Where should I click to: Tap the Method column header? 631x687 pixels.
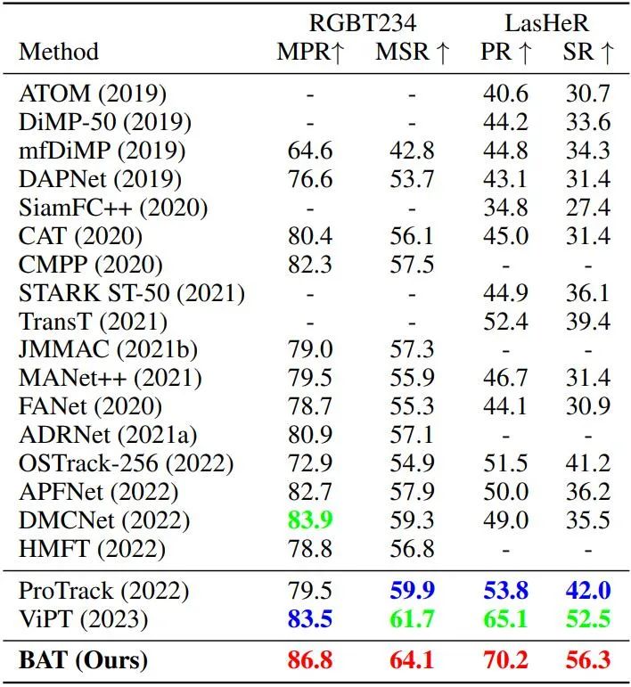tap(59, 53)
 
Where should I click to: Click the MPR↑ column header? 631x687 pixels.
tap(310, 53)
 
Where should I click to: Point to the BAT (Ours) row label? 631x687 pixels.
tap(84, 660)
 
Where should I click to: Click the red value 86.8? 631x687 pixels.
tap(310, 660)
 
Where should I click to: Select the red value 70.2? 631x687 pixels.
tap(504, 660)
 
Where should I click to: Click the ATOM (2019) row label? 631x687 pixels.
tap(93, 93)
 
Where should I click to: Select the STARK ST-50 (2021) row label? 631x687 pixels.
tap(132, 293)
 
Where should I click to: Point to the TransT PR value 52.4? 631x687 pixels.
tap(504, 321)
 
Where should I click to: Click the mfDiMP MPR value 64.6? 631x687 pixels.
tap(310, 150)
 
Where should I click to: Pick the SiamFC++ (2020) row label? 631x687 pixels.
tap(113, 208)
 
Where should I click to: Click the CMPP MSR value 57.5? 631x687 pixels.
tap(412, 265)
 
